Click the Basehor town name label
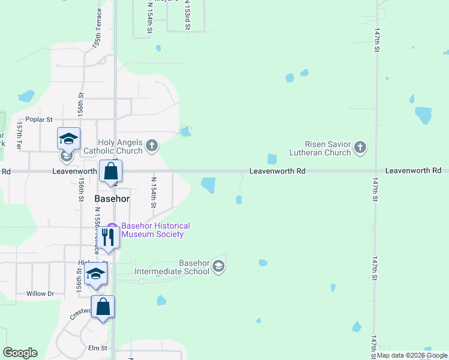(x=112, y=198)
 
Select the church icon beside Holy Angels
(x=152, y=145)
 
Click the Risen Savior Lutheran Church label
(x=328, y=148)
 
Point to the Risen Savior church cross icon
(x=360, y=148)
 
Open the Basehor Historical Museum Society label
(x=155, y=230)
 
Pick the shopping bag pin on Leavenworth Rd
(x=111, y=172)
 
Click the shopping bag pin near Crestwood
(x=103, y=307)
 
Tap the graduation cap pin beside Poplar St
(x=69, y=139)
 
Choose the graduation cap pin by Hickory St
(x=95, y=275)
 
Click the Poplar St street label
(x=39, y=119)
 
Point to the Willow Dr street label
(x=40, y=294)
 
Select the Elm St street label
(x=97, y=348)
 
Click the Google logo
(x=20, y=353)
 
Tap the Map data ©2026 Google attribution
(x=412, y=356)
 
